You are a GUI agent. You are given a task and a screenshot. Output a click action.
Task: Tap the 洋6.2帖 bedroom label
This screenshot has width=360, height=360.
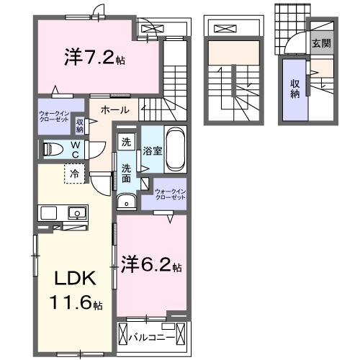coord(151,264)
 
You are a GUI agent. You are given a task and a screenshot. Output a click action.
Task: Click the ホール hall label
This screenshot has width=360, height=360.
coord(114,111)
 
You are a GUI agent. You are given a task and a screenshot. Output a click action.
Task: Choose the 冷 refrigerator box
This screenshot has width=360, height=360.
coord(73,173)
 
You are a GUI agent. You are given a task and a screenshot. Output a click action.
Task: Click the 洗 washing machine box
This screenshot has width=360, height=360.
coord(126,142)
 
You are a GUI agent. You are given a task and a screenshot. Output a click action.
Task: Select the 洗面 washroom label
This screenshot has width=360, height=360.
coord(126,173)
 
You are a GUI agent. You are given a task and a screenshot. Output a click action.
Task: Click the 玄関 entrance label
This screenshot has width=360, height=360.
coord(321,42)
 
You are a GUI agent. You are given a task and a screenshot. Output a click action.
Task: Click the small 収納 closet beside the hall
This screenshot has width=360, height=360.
coord(80,125)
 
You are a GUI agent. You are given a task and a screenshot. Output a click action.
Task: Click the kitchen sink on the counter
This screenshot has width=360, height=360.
coord(74,212)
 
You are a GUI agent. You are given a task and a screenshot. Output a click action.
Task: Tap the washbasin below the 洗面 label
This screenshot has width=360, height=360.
coord(127,202)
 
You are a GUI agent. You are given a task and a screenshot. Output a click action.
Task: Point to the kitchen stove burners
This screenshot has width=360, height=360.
coord(49,212)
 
